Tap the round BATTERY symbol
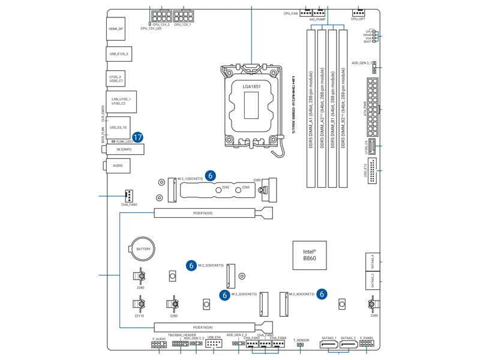pos(143,248)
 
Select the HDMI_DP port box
pos(116,29)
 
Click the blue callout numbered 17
pos(137,137)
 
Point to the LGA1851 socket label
pos(251,87)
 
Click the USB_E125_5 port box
pos(118,54)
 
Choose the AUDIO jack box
pos(118,166)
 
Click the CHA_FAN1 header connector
pos(129,196)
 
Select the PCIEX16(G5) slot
pos(204,213)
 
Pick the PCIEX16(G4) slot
pos(204,327)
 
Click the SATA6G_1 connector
pos(329,345)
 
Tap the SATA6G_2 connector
pos(349,345)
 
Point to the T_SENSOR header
pos(301,345)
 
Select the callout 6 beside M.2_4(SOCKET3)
pos(322,294)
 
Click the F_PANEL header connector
pos(367,345)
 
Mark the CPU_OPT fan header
pos(358,13)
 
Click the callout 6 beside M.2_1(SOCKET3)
pos(210,176)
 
